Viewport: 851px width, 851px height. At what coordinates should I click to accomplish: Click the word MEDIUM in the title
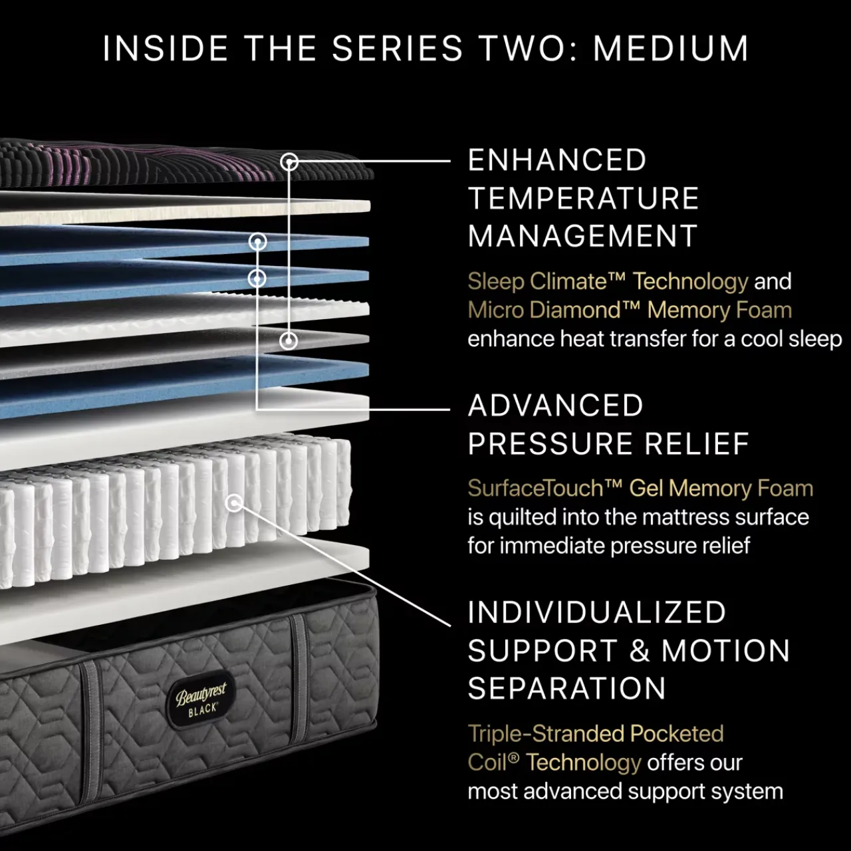click(671, 48)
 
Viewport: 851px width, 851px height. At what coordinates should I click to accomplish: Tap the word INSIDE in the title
click(166, 48)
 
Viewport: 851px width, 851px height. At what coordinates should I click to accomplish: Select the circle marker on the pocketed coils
click(234, 503)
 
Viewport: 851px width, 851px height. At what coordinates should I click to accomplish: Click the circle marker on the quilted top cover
click(289, 162)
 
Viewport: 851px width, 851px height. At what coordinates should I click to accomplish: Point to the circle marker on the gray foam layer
click(289, 340)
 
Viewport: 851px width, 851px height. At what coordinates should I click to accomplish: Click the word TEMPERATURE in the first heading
click(583, 198)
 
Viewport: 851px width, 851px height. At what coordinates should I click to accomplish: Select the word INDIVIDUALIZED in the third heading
click(597, 612)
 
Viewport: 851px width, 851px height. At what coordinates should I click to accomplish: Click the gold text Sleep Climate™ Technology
click(608, 282)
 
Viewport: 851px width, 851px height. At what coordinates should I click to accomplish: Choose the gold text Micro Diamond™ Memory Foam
click(630, 310)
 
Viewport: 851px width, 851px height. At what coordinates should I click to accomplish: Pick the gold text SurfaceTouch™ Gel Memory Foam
click(640, 489)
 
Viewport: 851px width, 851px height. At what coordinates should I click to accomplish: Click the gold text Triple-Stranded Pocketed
click(596, 733)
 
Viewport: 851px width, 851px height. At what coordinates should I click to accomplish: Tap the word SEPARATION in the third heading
click(566, 688)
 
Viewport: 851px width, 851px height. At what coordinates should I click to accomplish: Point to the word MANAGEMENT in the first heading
click(582, 236)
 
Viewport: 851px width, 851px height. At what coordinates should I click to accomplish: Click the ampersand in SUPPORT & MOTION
click(638, 650)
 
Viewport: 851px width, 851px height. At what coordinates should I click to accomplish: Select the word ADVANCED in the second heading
click(556, 406)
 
